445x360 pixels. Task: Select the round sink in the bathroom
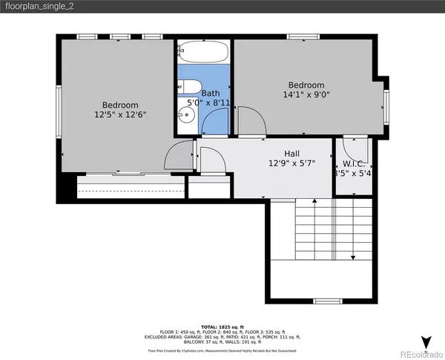185,115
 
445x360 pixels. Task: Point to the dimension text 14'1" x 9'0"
306,94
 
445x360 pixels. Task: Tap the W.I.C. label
352,165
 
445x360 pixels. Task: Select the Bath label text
211,94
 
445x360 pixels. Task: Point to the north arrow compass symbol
426,341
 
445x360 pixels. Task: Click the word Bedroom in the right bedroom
306,85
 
